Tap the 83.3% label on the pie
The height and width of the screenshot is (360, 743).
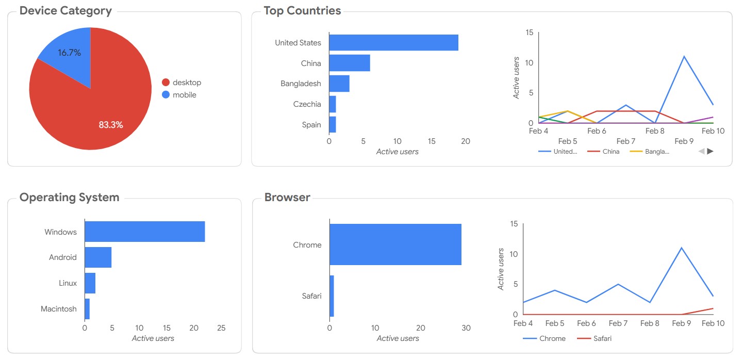click(x=111, y=125)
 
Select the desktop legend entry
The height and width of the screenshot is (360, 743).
click(x=181, y=83)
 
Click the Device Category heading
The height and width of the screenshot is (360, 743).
click(x=65, y=11)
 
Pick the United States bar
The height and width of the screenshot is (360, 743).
click(x=394, y=42)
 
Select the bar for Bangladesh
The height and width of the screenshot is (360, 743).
click(x=339, y=83)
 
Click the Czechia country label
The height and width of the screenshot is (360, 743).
click(x=307, y=104)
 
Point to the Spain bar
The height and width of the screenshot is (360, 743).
click(x=333, y=124)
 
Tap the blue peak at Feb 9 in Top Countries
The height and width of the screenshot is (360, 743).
click(x=684, y=56)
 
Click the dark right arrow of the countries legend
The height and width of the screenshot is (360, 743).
click(x=710, y=151)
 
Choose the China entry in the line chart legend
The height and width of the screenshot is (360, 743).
click(x=603, y=152)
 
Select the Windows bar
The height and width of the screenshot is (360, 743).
click(x=144, y=232)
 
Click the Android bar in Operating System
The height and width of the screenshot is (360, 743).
click(x=98, y=257)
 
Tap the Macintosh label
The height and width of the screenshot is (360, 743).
click(x=59, y=309)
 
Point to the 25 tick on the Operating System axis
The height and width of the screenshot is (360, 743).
click(x=221, y=328)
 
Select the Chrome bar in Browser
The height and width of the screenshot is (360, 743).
click(x=395, y=244)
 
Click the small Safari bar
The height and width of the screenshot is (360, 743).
click(x=332, y=296)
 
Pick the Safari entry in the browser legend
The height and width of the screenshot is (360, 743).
click(x=595, y=338)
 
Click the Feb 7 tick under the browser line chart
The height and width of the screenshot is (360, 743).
click(x=618, y=323)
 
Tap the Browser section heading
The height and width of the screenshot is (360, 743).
click(x=287, y=197)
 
